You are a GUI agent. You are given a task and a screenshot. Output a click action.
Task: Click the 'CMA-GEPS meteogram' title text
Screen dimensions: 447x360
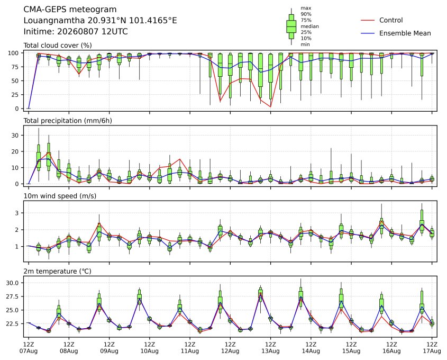click(x=70, y=10)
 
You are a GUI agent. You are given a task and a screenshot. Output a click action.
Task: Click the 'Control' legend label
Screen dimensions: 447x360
click(x=391, y=20)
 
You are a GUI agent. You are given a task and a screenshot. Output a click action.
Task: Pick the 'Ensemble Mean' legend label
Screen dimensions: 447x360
click(x=405, y=33)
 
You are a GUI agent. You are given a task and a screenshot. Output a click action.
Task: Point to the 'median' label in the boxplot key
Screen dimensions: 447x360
click(x=309, y=26)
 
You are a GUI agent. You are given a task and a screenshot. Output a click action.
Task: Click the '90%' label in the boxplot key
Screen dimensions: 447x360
click(x=306, y=14)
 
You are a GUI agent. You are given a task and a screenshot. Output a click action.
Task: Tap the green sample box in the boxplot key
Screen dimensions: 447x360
click(x=291, y=26)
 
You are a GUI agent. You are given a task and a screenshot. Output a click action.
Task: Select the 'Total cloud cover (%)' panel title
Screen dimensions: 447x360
click(x=58, y=46)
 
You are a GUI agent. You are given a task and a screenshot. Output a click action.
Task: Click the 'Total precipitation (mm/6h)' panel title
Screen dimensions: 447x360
click(x=68, y=121)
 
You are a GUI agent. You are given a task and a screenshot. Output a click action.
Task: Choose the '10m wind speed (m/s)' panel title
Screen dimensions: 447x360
click(x=60, y=196)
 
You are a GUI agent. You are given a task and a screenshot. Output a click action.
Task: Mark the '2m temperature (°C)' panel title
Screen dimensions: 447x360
click(x=57, y=271)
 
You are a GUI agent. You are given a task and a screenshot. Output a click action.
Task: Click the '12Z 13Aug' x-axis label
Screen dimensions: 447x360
click(x=270, y=347)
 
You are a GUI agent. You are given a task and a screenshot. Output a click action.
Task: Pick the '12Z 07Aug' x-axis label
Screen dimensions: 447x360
click(x=29, y=347)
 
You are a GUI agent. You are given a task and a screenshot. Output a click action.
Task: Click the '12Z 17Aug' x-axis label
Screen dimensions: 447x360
click(x=432, y=347)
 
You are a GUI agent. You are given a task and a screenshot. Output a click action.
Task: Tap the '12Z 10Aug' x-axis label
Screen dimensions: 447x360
click(x=149, y=347)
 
